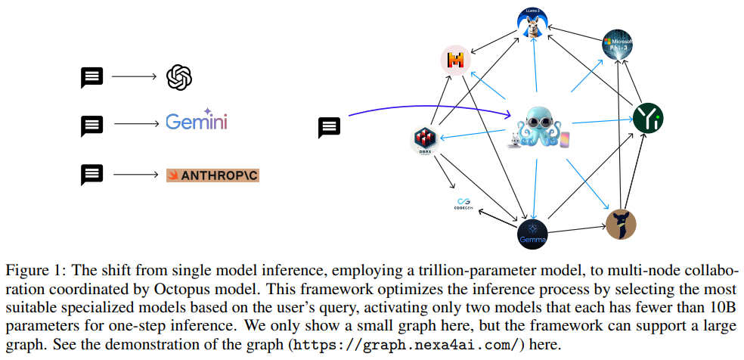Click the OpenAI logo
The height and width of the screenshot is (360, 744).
pyautogui.click(x=179, y=76)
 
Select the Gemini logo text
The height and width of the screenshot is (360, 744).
pyautogui.click(x=197, y=122)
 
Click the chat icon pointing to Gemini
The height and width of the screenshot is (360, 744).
pyautogui.click(x=92, y=126)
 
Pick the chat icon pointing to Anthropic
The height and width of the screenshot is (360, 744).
pyautogui.click(x=92, y=175)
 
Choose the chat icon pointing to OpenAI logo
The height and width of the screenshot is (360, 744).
pyautogui.click(x=92, y=77)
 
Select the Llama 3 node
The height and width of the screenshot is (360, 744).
pyautogui.click(x=532, y=20)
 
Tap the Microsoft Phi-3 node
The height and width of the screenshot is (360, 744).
pyautogui.click(x=617, y=45)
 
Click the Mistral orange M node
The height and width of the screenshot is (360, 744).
pyautogui.click(x=456, y=61)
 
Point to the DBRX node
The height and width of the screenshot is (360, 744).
pyautogui.click(x=426, y=141)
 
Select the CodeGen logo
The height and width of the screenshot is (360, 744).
pyautogui.click(x=463, y=203)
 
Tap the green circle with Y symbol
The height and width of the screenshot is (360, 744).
pyautogui.click(x=647, y=117)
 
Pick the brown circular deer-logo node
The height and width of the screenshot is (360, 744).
pyautogui.click(x=621, y=224)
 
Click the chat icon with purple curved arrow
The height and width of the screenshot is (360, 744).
pyautogui.click(x=330, y=127)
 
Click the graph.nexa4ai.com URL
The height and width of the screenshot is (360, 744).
pyautogui.click(x=406, y=345)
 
